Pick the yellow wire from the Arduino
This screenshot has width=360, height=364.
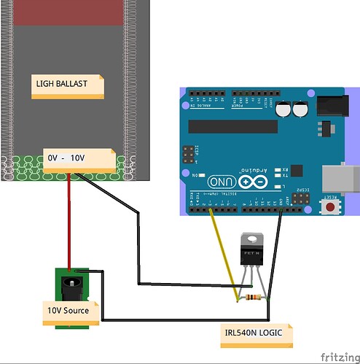pos(222,252)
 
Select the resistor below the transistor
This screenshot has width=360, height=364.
pos(252,298)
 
